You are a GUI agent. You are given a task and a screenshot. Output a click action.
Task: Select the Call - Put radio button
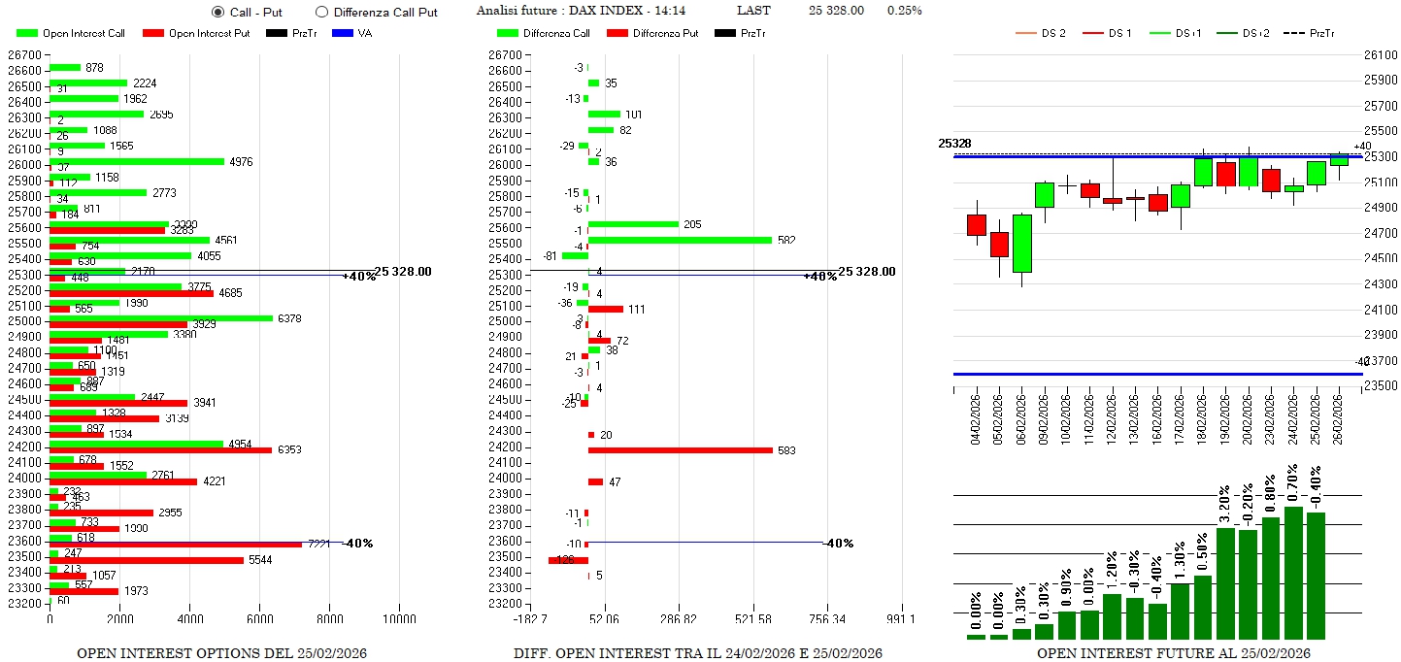pos(218,13)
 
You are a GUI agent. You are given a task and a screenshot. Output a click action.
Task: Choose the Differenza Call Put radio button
pos(322,13)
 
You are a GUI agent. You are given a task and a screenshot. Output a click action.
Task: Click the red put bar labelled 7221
pos(175,544)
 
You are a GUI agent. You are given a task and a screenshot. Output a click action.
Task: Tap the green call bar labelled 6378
pos(161,317)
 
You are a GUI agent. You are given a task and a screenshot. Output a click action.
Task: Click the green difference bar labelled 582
pos(680,240)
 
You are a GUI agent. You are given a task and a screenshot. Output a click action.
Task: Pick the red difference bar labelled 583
pos(680,449)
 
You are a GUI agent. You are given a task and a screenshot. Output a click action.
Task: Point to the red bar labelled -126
pos(568,560)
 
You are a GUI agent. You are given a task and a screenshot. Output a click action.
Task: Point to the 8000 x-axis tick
pos(330,619)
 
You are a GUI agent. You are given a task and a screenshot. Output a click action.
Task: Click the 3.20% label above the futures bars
pos(1225,502)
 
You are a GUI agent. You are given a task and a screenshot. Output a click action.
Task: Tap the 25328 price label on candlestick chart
pos(954,144)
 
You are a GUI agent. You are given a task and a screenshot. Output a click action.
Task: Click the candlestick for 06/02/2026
pos(1021,244)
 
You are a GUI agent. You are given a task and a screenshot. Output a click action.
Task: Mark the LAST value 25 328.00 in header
pos(836,11)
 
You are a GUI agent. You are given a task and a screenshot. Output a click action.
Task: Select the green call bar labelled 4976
pos(136,161)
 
